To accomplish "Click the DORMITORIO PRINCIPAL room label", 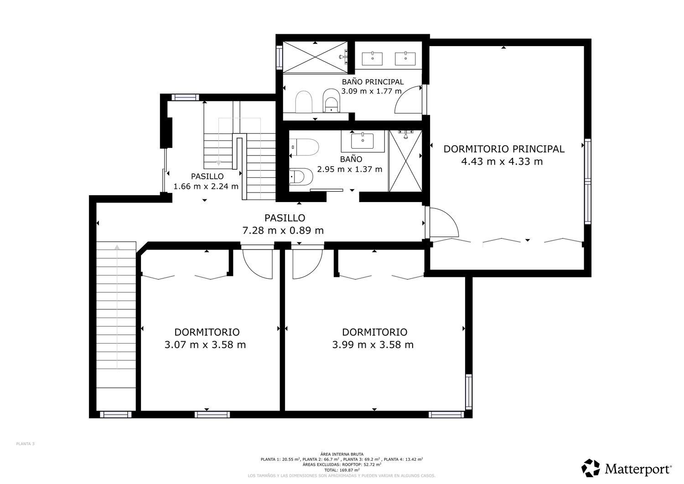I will [x=504, y=149].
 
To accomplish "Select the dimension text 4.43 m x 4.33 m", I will [x=502, y=161].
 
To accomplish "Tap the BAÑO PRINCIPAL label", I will [x=373, y=82].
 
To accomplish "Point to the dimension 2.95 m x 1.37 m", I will [x=350, y=169].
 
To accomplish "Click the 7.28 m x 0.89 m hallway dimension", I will [x=283, y=230].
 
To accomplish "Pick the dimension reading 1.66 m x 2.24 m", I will [x=206, y=186].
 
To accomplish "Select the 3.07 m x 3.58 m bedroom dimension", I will [x=205, y=344].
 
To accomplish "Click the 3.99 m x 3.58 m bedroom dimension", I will [x=373, y=344].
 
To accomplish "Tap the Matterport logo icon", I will [x=591, y=468].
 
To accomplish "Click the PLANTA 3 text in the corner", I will [x=26, y=443].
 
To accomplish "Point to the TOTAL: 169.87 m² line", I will [x=342, y=469].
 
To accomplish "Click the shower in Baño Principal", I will [x=315, y=57].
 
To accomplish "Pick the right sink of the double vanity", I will [x=405, y=58].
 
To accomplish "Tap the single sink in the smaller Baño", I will [x=363, y=141].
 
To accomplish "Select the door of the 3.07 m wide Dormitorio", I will [x=257, y=262].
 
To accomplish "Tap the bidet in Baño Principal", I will [x=331, y=101].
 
